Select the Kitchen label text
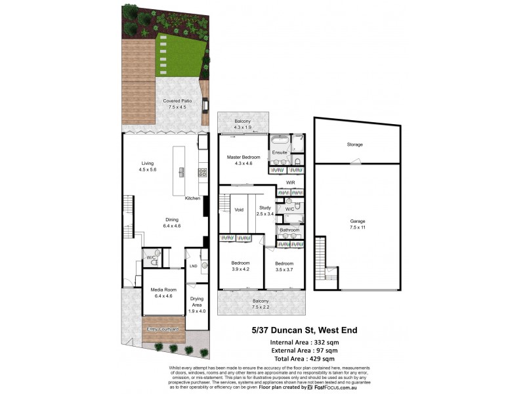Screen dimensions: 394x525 (x=192, y=198)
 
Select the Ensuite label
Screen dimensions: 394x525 (x=280, y=153)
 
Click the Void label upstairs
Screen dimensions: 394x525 (x=239, y=209)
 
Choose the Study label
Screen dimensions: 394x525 (x=264, y=210)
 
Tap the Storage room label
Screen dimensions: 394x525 (x=355, y=144)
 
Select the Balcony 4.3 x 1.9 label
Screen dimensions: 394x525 (x=243, y=123)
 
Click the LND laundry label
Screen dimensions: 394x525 (x=193, y=266)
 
